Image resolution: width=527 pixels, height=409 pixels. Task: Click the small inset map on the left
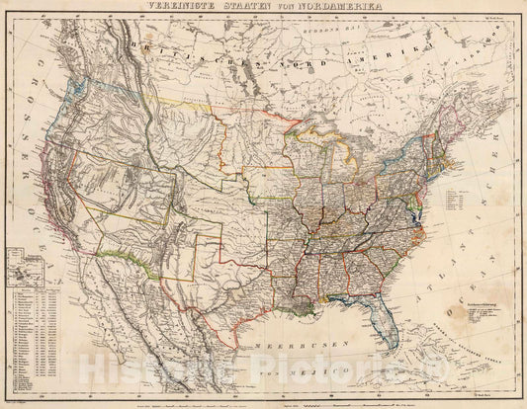[25, 268]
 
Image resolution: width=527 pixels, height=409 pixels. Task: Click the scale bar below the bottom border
[346, 400]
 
